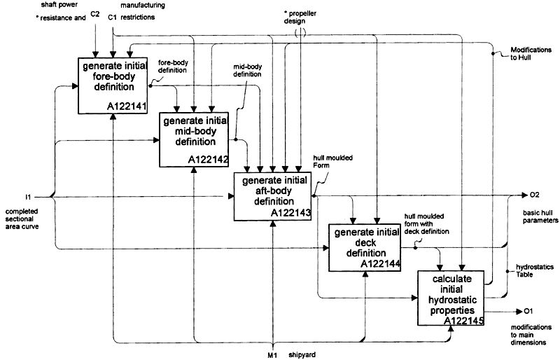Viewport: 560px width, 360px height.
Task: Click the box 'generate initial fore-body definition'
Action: click(113, 85)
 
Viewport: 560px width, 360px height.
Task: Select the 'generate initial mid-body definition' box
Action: click(194, 139)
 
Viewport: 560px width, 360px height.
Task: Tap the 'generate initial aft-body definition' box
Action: click(272, 196)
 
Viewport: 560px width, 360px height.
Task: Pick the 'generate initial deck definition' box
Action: click(365, 248)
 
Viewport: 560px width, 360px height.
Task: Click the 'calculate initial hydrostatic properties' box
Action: click(451, 298)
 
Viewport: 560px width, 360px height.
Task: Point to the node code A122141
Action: click(127, 106)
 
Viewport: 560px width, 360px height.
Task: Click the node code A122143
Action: click(290, 213)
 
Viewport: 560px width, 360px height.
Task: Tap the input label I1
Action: click(28, 197)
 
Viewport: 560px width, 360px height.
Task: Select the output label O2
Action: click(535, 195)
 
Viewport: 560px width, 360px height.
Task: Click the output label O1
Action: click(528, 312)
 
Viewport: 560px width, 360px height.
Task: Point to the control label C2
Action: click(95, 14)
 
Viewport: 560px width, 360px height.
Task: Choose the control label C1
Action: click(113, 18)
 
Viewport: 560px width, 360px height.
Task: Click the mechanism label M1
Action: click(272, 355)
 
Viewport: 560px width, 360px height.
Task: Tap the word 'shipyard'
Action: click(302, 355)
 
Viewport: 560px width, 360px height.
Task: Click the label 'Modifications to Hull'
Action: click(531, 54)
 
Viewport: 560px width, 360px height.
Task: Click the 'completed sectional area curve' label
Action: click(22, 219)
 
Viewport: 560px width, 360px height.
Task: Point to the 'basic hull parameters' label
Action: click(540, 216)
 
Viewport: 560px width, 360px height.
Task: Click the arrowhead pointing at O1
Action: click(519, 312)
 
